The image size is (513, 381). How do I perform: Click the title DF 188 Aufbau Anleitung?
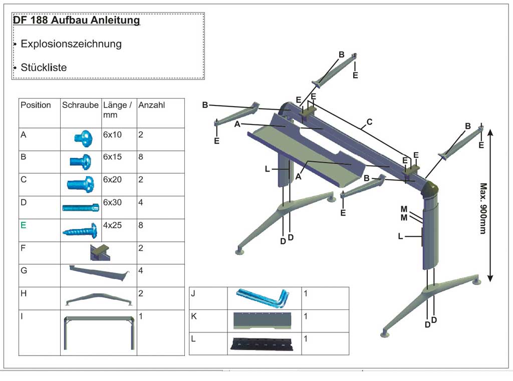[76, 20]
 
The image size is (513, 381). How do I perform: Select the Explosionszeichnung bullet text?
[71, 43]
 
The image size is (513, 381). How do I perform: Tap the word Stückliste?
[44, 67]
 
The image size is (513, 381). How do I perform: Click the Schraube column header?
[80, 105]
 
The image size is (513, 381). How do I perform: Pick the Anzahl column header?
[151, 105]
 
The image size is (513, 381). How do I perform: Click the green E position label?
[23, 225]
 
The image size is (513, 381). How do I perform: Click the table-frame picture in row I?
[99, 332]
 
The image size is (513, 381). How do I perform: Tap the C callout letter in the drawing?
[370, 121]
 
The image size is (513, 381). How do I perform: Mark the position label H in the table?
[24, 293]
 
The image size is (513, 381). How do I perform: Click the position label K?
[193, 316]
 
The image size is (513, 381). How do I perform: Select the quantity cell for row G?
[141, 270]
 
